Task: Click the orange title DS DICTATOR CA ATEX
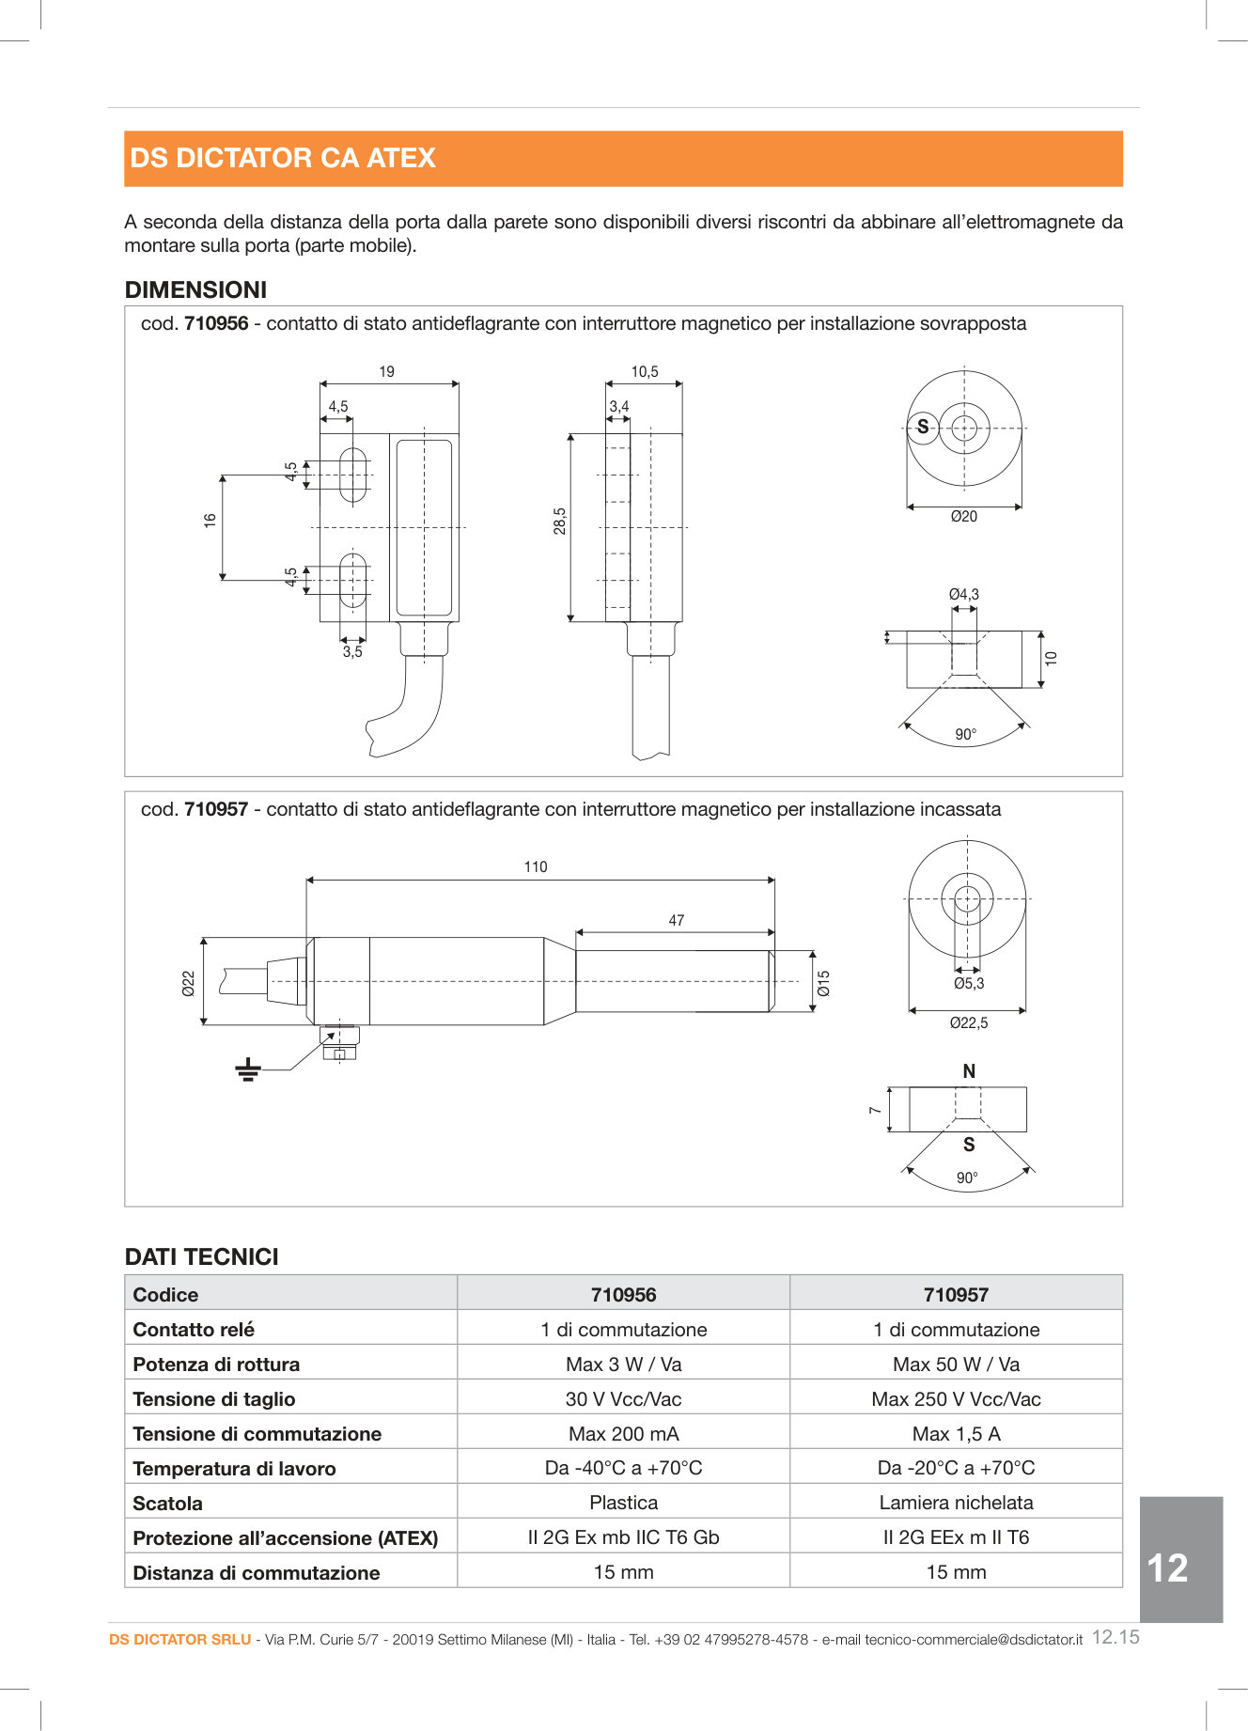tap(283, 158)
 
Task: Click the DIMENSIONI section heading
tap(195, 289)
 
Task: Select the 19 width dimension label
tap(386, 372)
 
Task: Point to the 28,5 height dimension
tap(560, 522)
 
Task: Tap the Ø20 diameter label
tap(963, 517)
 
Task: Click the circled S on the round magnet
tap(923, 428)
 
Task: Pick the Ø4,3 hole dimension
tap(963, 594)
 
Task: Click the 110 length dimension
tap(536, 867)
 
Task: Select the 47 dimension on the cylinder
tap(677, 921)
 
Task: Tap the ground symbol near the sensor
tap(248, 1070)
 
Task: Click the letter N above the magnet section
tap(969, 1071)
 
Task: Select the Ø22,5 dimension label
tap(968, 1023)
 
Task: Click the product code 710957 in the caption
tap(216, 809)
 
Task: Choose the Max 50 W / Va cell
tap(956, 1365)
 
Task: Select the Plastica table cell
tap(623, 1503)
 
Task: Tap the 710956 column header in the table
tap(623, 1295)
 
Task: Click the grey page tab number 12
tap(1168, 1567)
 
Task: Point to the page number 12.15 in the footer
tap(1115, 1637)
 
